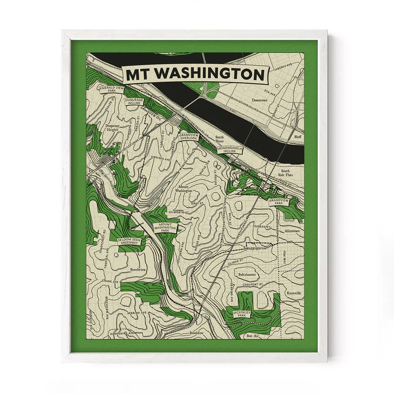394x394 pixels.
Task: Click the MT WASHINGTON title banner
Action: tap(196, 75)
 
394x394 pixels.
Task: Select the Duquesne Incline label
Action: tap(134, 101)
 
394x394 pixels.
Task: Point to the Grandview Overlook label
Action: tap(188, 137)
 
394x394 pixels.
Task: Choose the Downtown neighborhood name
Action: tap(260, 101)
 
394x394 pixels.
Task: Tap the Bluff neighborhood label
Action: tap(298, 137)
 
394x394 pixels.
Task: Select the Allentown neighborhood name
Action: tap(292, 231)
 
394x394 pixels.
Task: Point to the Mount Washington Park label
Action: tap(165, 226)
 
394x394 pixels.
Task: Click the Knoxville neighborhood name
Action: tap(294, 293)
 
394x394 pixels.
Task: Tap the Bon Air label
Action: tap(252, 336)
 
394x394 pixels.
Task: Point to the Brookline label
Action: tap(196, 333)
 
